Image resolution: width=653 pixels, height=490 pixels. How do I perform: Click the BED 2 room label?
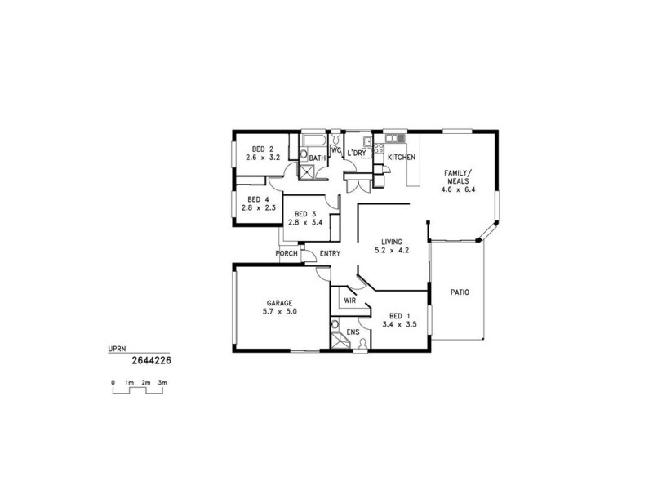(261, 149)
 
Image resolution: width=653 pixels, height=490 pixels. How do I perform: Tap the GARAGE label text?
(278, 302)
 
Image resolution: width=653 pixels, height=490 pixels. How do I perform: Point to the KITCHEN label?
(401, 157)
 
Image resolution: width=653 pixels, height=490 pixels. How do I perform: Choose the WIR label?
(349, 301)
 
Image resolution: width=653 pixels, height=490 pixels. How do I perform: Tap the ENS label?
(353, 332)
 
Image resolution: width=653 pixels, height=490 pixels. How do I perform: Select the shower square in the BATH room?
(308, 171)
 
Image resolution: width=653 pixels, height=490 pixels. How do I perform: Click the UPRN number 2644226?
(151, 359)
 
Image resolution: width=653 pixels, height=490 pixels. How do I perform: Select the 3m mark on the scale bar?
(162, 382)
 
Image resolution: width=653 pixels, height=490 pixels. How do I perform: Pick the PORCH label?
(286, 253)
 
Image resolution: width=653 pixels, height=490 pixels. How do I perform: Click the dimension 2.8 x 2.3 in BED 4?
(259, 207)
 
